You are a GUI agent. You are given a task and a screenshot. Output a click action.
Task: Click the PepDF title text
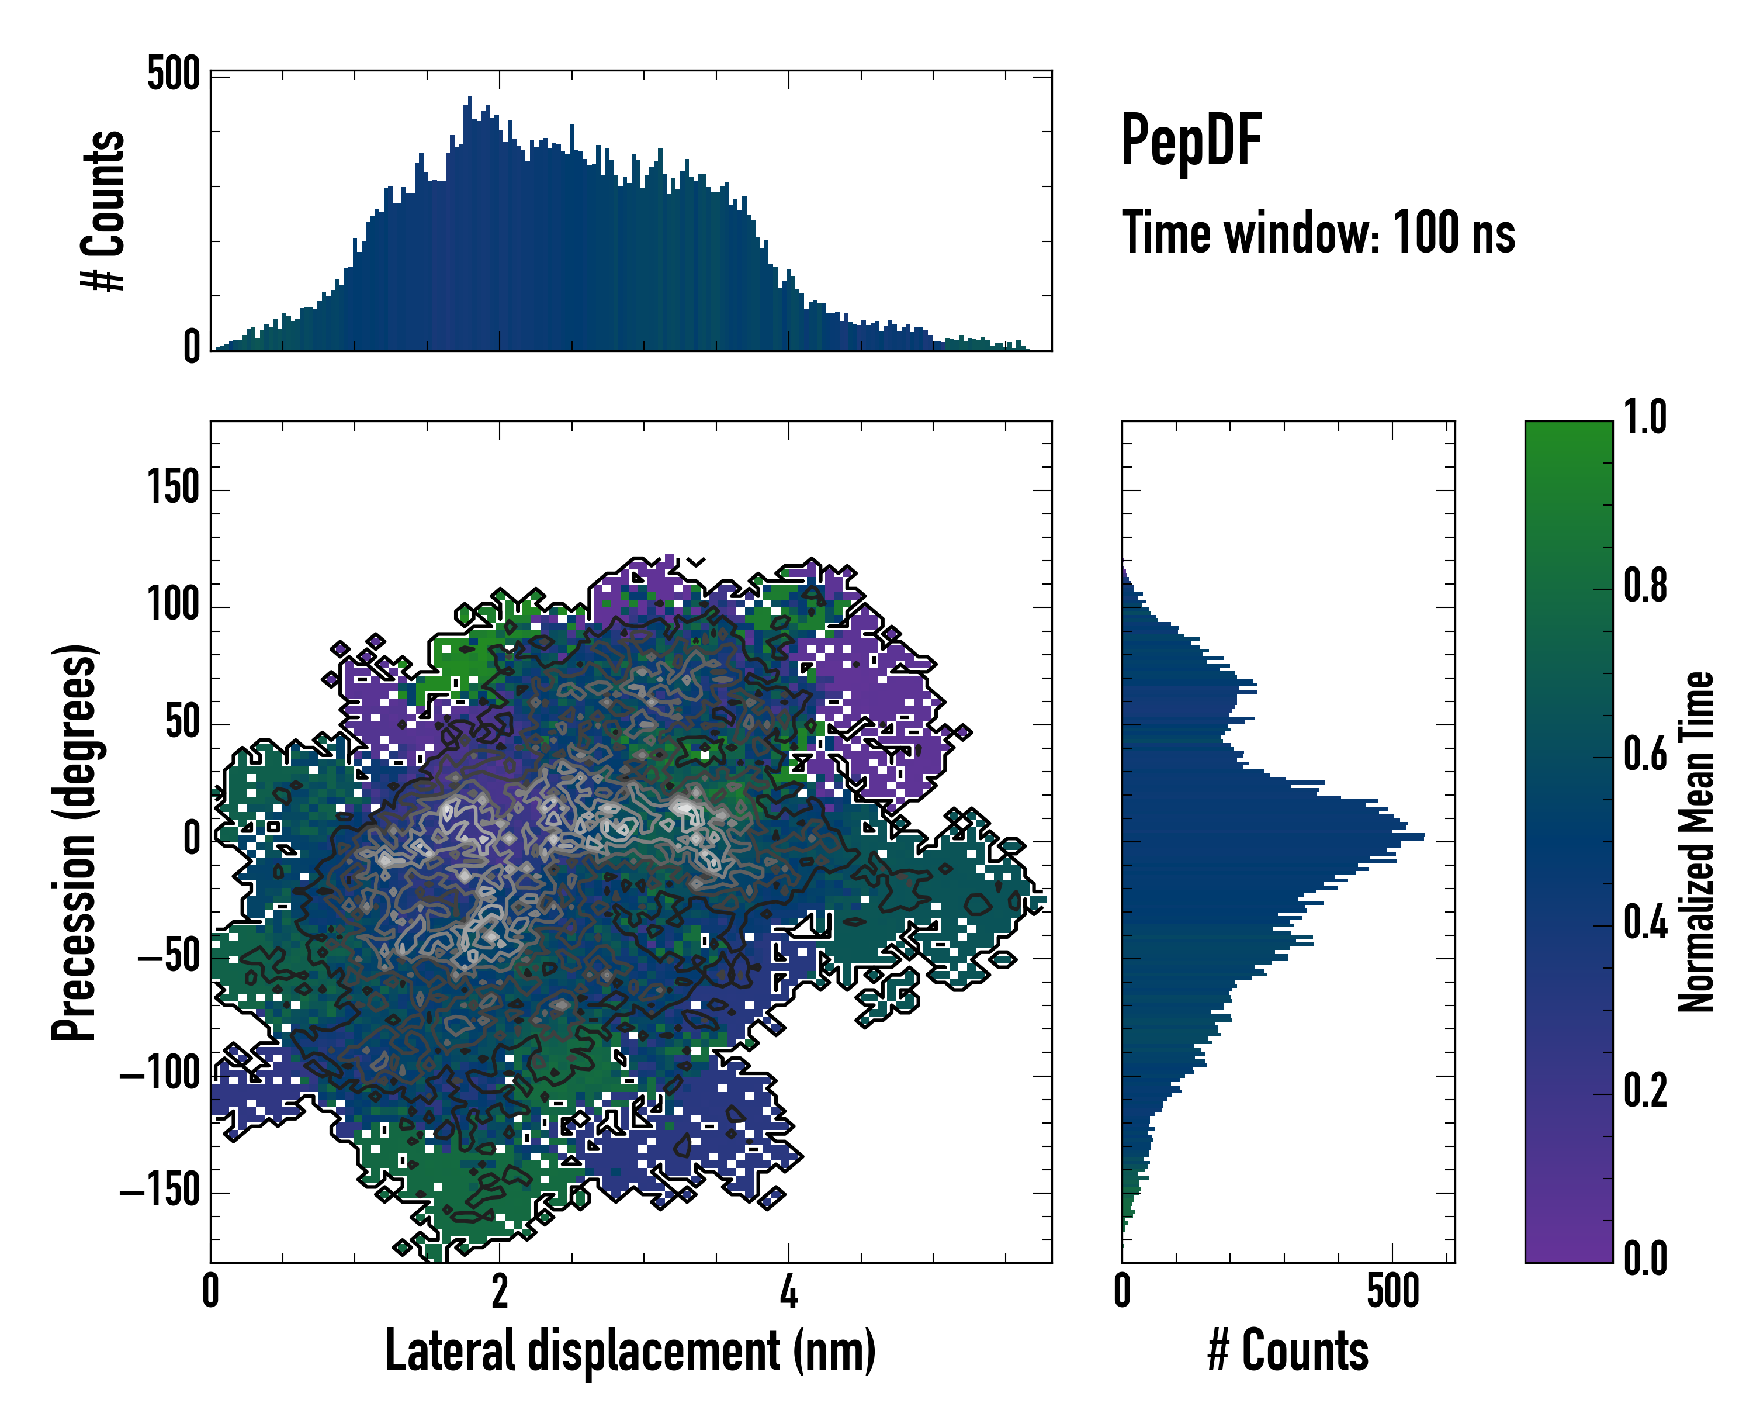[x=1191, y=141]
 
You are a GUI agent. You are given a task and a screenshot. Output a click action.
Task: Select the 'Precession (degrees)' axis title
[x=75, y=842]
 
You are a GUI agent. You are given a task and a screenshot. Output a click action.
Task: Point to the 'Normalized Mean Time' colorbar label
[x=1697, y=842]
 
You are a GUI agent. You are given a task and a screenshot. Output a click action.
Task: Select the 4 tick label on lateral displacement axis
[x=788, y=1291]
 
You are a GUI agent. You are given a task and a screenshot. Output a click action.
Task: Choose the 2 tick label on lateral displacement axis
[x=499, y=1291]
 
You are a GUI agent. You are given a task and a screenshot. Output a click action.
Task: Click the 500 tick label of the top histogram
[x=173, y=75]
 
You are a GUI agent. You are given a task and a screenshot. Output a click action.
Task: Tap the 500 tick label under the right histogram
[x=1393, y=1291]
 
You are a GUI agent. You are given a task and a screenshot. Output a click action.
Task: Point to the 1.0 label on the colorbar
[x=1645, y=418]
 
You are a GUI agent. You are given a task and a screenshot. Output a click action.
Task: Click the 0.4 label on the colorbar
[x=1645, y=924]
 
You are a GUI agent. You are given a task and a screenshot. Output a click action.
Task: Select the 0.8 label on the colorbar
[x=1645, y=586]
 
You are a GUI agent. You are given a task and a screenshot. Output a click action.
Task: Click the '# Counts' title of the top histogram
[x=104, y=210]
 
